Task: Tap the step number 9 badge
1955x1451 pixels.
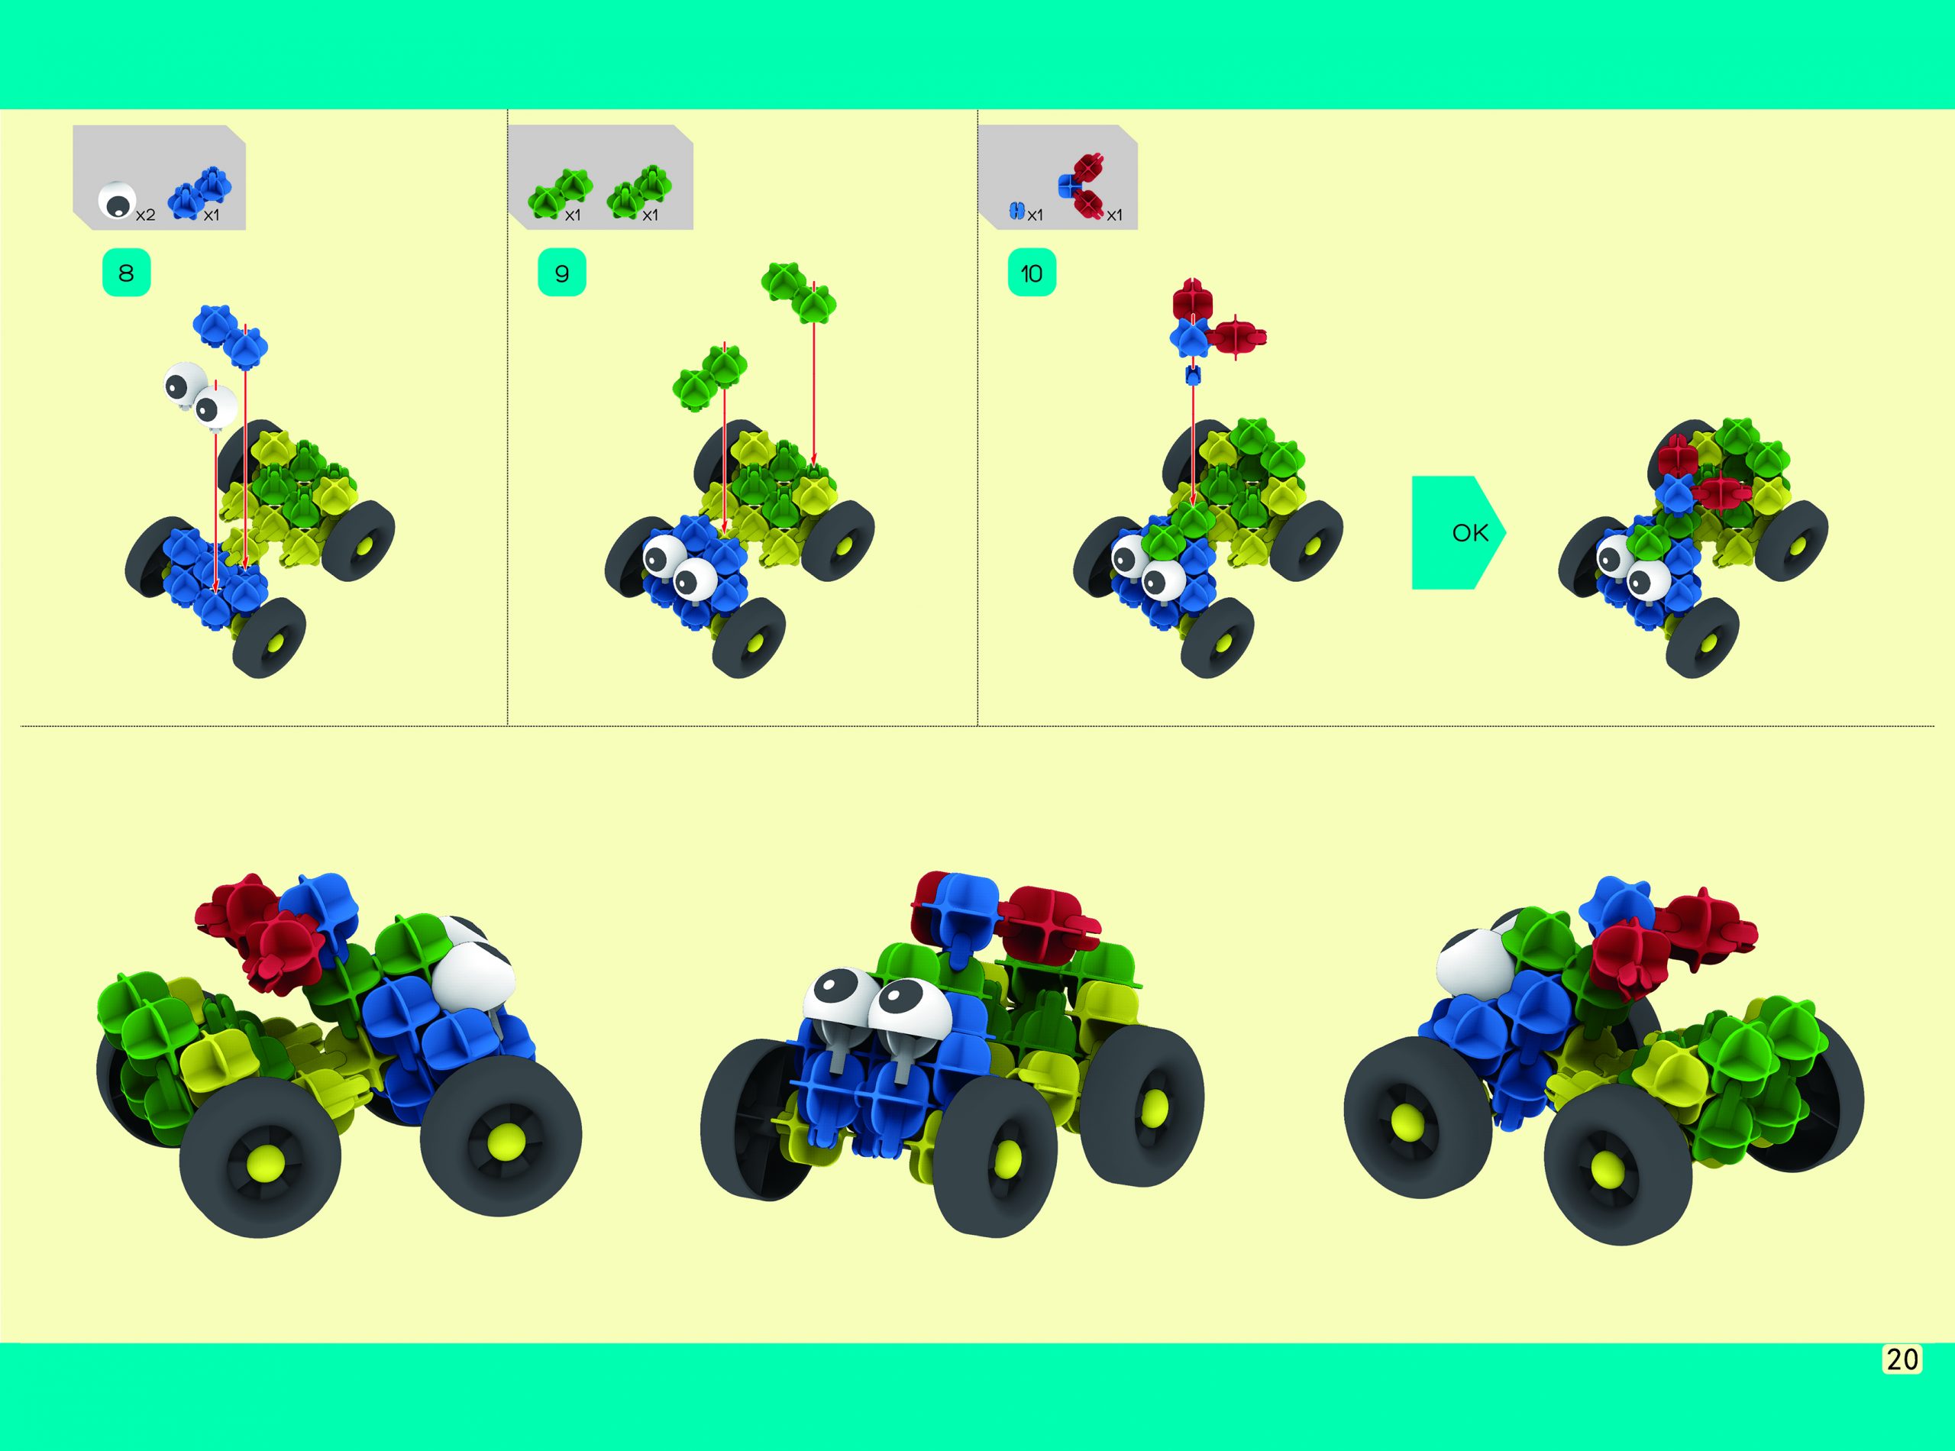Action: (x=561, y=273)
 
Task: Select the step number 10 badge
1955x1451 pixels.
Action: (x=1031, y=273)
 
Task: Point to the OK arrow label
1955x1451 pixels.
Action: (x=1469, y=533)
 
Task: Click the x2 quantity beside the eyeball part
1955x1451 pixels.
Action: (x=145, y=215)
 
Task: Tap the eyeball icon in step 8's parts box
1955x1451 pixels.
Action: (x=116, y=201)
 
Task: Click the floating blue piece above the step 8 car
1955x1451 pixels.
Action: (x=230, y=334)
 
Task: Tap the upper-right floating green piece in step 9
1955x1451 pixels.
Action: (x=798, y=291)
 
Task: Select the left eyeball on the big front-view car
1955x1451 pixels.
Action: (x=837, y=1000)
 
